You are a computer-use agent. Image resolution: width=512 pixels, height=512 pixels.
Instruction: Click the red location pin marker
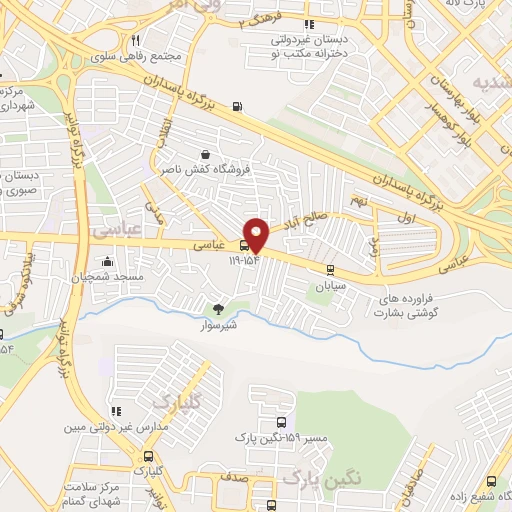pos(257,234)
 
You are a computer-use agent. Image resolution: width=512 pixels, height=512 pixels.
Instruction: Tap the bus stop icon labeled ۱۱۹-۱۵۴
pos(244,246)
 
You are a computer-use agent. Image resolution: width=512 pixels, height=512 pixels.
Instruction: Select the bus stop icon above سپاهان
pos(330,268)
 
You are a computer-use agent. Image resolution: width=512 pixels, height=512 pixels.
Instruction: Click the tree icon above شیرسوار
pos(219,309)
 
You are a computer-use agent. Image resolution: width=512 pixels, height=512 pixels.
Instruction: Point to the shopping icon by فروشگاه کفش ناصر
pos(205,155)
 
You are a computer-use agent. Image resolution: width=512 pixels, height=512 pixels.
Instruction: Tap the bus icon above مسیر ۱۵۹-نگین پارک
pos(280,422)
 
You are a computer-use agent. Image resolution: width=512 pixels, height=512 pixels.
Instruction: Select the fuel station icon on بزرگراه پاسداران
pos(237,107)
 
